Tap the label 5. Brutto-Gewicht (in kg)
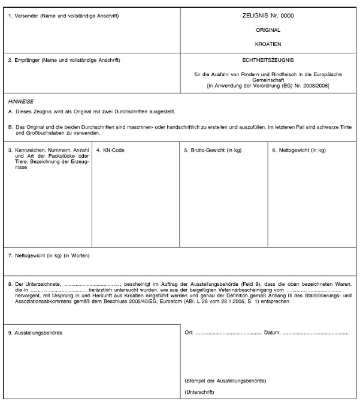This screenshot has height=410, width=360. point(212,150)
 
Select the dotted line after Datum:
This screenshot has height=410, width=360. point(314,333)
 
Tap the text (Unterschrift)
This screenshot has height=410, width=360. point(201,393)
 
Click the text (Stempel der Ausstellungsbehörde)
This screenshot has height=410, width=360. point(225,381)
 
